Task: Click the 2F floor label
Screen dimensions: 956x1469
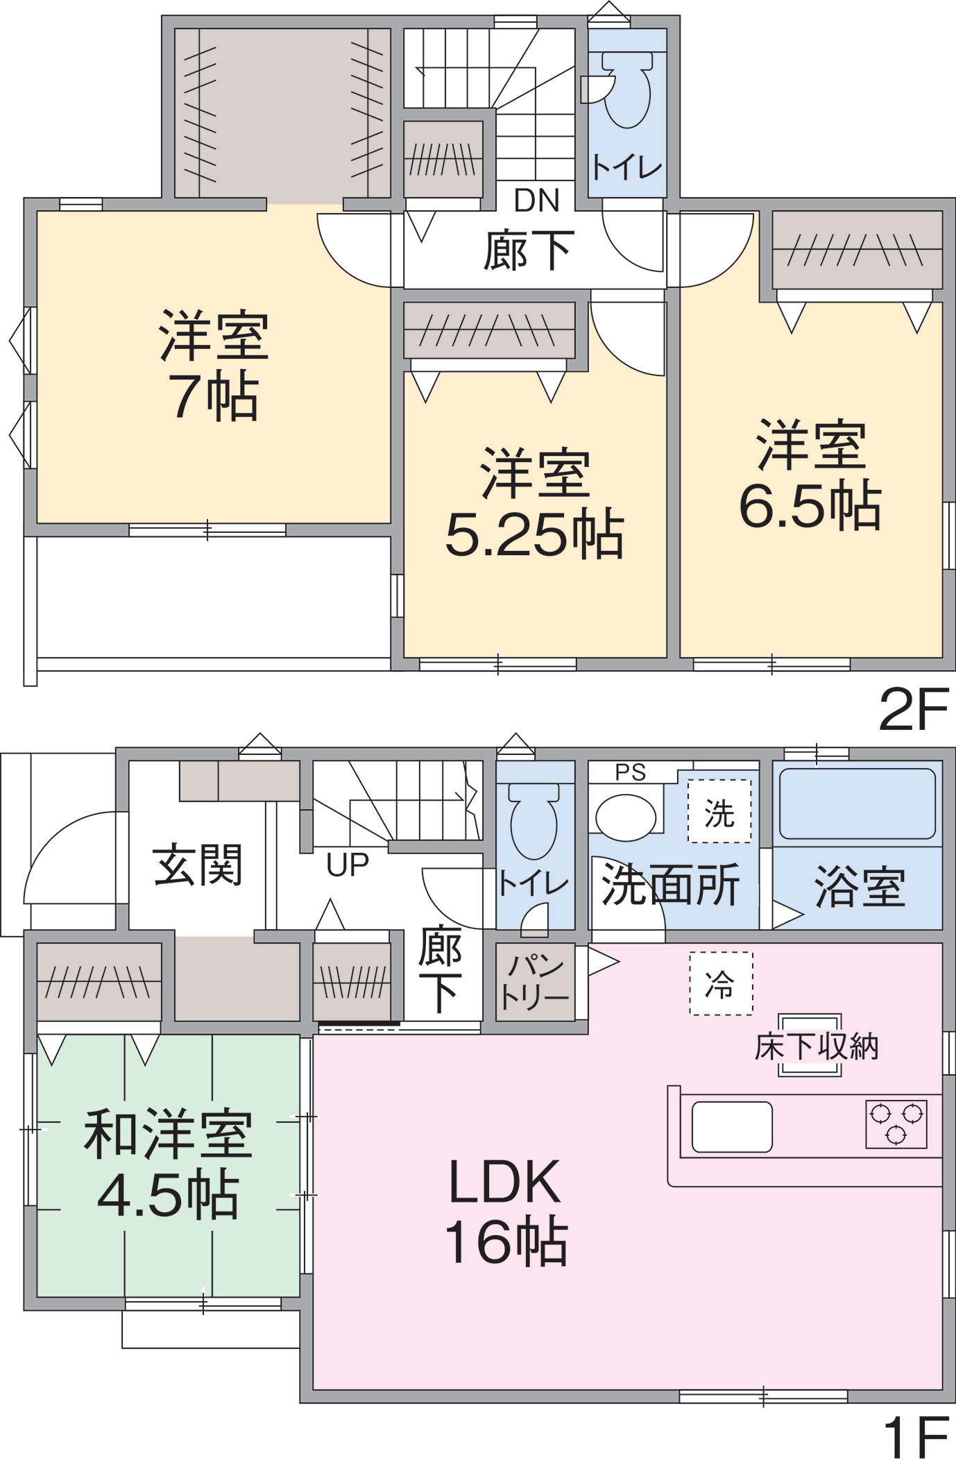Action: pos(913,709)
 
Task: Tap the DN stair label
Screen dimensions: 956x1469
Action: pos(536,201)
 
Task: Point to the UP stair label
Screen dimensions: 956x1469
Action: pos(348,865)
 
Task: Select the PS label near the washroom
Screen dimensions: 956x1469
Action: pos(630,772)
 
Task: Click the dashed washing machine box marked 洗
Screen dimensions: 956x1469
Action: pos(719,811)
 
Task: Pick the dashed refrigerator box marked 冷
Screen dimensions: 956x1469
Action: pos(721,983)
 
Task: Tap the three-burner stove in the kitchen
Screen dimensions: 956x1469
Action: pos(896,1124)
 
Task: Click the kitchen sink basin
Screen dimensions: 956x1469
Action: pos(732,1127)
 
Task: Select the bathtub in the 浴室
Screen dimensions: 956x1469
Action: pos(857,804)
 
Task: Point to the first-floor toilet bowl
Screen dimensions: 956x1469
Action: pos(534,822)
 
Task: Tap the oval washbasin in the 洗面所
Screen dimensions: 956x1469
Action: pos(626,817)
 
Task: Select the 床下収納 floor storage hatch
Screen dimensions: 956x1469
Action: pos(810,1045)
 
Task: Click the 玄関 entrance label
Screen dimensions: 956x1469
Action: pos(198,865)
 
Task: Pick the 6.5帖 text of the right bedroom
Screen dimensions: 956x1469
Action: pos(810,505)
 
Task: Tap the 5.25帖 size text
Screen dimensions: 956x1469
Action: pos(535,534)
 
